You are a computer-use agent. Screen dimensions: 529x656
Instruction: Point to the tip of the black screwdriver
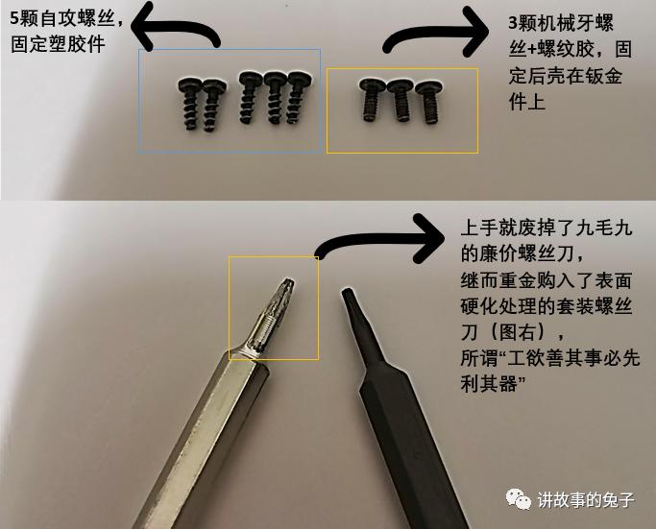pyautogui.click(x=349, y=300)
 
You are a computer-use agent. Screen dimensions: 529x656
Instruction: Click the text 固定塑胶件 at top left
pyautogui.click(x=57, y=45)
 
